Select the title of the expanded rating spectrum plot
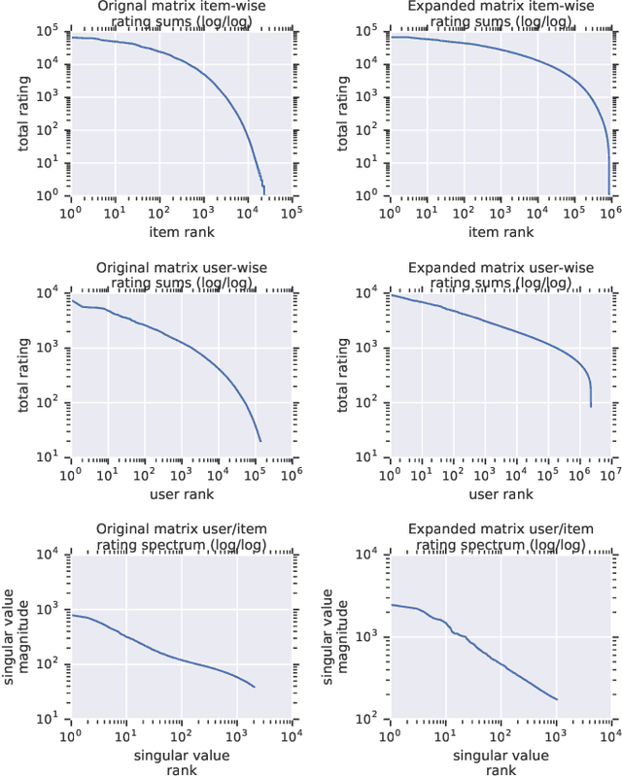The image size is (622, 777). click(500, 537)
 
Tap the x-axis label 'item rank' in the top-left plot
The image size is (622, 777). click(182, 231)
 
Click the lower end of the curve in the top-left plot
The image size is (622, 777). click(263, 192)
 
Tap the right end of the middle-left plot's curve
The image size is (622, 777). click(261, 441)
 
